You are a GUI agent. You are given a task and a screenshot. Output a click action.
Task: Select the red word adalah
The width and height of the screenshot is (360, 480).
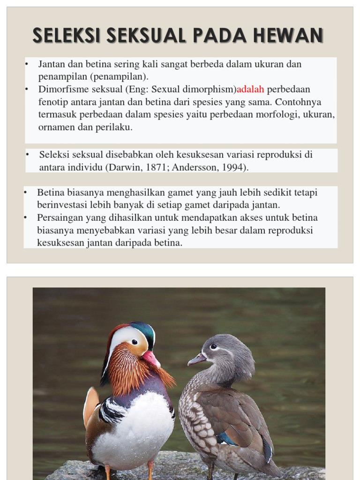251,89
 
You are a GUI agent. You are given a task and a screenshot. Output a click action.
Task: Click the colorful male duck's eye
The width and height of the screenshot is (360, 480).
135,342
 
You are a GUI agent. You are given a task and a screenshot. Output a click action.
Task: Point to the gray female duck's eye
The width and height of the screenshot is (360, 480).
213,347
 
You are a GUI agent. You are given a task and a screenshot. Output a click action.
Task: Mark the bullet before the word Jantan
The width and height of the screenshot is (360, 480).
27,64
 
